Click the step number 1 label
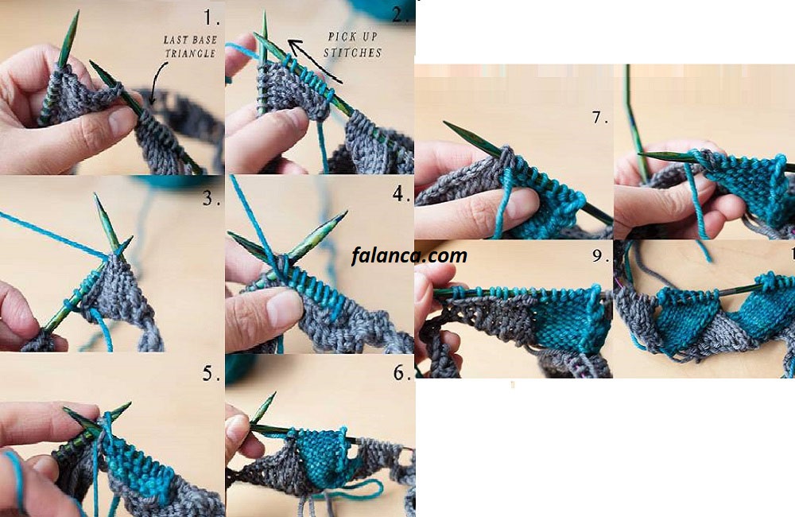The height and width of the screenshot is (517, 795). (211, 18)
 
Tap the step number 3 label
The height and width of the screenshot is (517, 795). (211, 198)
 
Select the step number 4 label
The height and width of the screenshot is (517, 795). (401, 193)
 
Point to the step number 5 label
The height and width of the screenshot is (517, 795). (211, 373)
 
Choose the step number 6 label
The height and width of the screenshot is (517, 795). (401, 373)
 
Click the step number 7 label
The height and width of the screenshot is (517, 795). (599, 118)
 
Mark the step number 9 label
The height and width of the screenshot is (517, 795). (600, 255)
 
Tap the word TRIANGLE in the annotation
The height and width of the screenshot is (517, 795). (190, 53)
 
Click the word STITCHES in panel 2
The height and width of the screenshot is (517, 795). (352, 52)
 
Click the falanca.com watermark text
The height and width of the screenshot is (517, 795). (409, 255)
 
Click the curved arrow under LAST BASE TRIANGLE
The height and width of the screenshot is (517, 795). (157, 81)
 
